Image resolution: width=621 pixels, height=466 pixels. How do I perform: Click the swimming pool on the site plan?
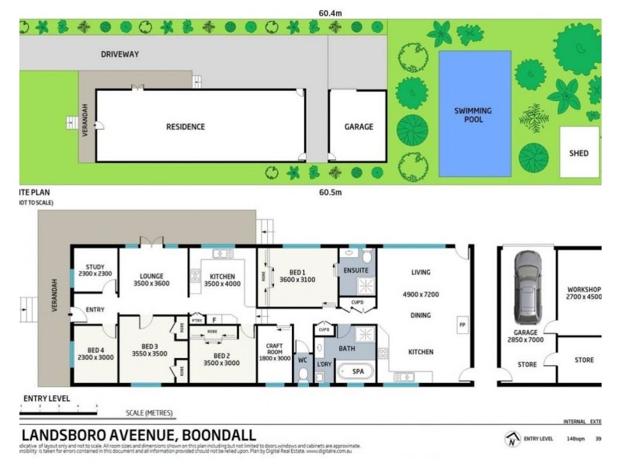(474, 113)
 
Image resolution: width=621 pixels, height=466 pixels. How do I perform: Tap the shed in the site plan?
(579, 153)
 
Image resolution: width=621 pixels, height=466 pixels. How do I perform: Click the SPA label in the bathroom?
(358, 373)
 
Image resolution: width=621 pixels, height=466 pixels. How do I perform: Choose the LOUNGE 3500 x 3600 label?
(152, 279)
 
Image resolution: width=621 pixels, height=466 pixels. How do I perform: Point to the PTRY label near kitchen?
(197, 320)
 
